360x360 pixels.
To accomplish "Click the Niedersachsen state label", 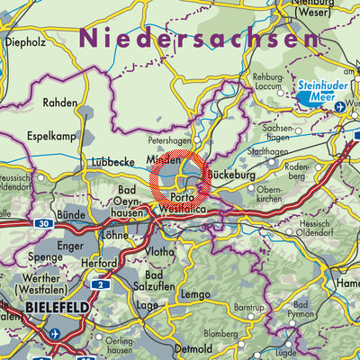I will [x=199, y=39].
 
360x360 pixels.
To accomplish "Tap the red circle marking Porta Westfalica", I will [x=180, y=180].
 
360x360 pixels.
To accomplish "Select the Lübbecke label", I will [x=112, y=162].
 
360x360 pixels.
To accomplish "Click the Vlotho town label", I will [x=162, y=250].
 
